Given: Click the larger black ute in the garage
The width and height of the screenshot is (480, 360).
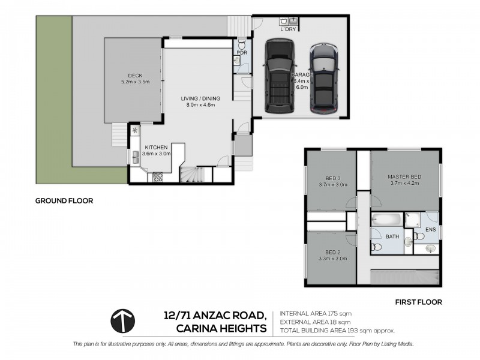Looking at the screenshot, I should [x=277, y=76].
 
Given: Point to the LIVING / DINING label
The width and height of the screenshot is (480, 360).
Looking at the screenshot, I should [x=201, y=98].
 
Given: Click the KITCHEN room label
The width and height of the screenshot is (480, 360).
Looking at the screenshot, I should [x=156, y=146].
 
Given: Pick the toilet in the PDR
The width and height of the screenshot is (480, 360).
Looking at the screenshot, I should [x=241, y=44].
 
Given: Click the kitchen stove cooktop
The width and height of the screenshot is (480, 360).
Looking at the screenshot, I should [x=158, y=177].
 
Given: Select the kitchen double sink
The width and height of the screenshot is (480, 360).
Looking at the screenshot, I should [x=136, y=157].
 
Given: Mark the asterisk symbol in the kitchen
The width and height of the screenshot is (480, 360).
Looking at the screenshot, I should [x=135, y=130].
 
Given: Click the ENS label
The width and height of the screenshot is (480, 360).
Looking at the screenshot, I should [x=430, y=229].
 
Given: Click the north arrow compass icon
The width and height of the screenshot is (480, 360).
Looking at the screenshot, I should [x=122, y=320].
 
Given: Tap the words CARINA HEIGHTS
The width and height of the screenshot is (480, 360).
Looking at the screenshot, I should [x=221, y=328].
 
